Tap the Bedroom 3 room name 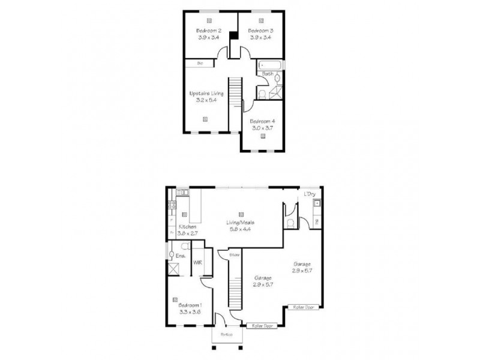pos(260,31)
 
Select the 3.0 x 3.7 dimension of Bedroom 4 pos(262,127)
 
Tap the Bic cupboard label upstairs pos(200,63)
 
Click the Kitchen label pos(187,227)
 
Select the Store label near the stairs pos(235,255)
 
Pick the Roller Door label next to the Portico pos(261,326)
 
